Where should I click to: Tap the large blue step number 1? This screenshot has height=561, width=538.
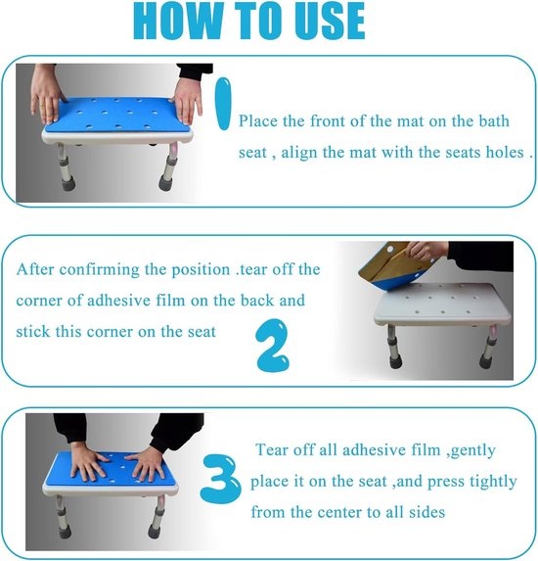(x=223, y=104)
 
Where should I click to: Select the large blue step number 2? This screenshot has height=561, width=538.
(x=272, y=346)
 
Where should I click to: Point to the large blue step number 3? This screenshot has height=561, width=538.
(x=220, y=480)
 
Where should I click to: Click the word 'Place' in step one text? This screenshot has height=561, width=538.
(x=258, y=121)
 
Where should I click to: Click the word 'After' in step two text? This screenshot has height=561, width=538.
(x=35, y=269)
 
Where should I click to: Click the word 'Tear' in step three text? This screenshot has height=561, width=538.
(x=272, y=449)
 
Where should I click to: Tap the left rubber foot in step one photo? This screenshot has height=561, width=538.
(x=67, y=181)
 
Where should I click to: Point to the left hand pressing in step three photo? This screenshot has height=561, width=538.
(x=87, y=462)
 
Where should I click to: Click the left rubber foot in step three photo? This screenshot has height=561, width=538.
(x=64, y=532)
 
